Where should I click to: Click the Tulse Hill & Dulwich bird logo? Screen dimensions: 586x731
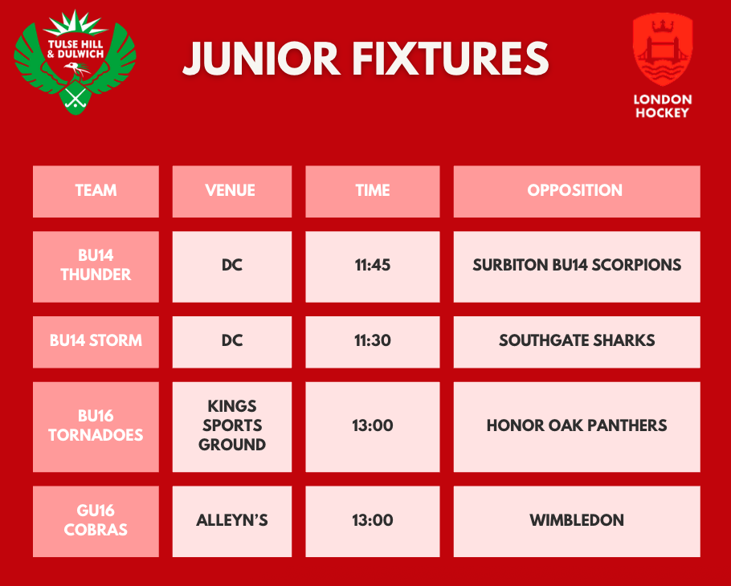[x=76, y=63]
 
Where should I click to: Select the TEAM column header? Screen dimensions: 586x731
[x=96, y=191]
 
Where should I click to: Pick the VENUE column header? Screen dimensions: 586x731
[x=231, y=191]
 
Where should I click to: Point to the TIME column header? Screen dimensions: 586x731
[x=373, y=191]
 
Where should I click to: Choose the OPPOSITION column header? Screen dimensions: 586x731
[x=576, y=191]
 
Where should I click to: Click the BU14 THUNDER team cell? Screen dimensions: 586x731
[x=96, y=266]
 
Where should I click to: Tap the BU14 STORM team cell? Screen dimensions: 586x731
[x=96, y=340]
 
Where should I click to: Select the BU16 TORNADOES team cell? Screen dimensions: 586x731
[x=96, y=426]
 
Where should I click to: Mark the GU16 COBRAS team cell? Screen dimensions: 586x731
[x=96, y=521]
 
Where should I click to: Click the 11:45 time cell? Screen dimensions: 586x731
[x=373, y=266]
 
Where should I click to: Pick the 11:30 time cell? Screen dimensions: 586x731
[x=373, y=340]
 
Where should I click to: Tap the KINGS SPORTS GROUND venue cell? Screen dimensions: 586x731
[x=231, y=426]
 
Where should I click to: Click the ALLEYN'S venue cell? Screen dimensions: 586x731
[x=231, y=521]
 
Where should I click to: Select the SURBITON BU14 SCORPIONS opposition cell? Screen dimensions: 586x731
[x=576, y=266]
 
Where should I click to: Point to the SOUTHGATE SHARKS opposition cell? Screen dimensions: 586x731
[x=576, y=340]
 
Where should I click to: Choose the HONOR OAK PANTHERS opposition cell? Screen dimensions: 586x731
[x=576, y=426]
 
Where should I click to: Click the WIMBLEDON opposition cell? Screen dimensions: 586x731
[x=576, y=521]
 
